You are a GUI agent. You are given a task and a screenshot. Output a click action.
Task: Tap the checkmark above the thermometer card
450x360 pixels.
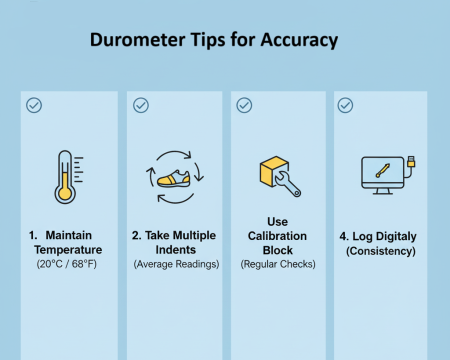(34, 104)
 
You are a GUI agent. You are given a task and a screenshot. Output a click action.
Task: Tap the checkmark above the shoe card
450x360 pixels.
(141, 104)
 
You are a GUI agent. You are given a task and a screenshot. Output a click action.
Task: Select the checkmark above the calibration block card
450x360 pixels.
(243, 104)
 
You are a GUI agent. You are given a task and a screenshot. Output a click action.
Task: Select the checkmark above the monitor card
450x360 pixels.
(345, 104)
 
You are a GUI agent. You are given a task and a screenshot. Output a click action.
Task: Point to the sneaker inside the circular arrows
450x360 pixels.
(174, 178)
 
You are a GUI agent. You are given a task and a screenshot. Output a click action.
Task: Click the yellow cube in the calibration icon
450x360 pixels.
(271, 170)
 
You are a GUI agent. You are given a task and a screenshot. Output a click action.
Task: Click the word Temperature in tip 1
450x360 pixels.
(67, 248)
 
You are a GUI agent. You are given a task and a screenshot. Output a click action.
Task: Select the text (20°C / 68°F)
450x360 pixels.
(68, 264)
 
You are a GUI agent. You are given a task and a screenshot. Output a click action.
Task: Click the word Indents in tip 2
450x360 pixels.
(174, 248)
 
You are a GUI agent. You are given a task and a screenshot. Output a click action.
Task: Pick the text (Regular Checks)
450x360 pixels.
(277, 264)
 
